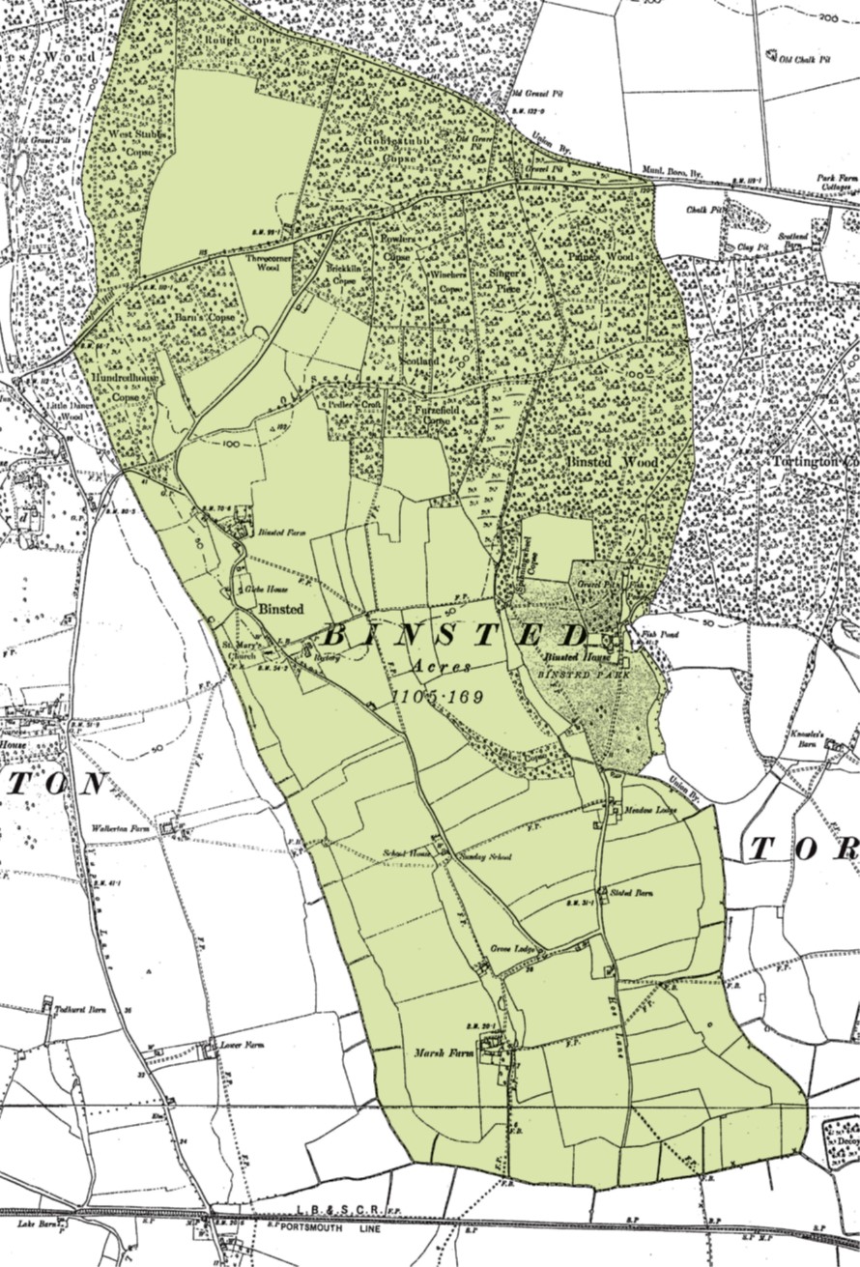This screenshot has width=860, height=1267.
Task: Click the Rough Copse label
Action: pyautogui.click(x=228, y=40)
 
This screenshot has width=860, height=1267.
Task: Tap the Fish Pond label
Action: pyautogui.click(x=656, y=635)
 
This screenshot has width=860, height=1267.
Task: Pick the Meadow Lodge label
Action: pyautogui.click(x=649, y=809)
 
